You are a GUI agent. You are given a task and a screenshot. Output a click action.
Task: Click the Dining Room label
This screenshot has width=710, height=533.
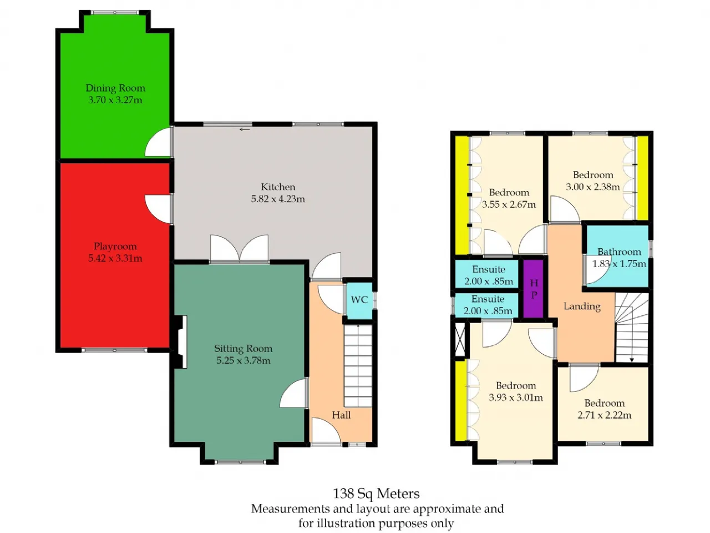point(115,88)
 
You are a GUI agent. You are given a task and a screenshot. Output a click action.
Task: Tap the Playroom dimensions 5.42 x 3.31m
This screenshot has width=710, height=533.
point(115,258)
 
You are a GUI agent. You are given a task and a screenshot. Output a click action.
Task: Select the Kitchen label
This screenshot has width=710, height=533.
point(278,187)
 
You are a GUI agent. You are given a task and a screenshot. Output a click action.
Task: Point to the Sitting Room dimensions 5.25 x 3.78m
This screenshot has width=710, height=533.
point(244,360)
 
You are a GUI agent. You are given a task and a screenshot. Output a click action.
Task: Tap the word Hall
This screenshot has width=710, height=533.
point(341,415)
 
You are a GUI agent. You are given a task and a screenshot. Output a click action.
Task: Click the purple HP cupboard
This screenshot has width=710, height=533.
point(533,289)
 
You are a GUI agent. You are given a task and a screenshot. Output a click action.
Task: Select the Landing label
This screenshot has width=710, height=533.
point(582,306)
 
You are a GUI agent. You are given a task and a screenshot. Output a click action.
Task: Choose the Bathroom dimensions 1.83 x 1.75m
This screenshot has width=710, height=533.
point(619,264)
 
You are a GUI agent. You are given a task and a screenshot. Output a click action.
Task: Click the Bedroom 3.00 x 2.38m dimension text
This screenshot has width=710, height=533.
point(592,187)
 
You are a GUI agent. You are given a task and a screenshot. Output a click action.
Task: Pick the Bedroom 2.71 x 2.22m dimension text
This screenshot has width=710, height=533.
point(604,415)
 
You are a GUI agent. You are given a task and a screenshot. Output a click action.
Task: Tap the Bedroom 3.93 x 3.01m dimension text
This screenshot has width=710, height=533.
point(516,398)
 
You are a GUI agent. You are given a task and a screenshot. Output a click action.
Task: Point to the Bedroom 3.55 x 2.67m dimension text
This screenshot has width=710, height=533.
point(509,204)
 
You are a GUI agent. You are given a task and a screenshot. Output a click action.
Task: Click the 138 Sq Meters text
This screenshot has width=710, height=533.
point(376,494)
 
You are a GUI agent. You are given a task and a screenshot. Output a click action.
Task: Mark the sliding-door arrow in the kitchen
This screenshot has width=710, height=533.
point(245,129)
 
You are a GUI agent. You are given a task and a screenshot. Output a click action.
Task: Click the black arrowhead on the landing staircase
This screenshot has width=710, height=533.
point(631,360)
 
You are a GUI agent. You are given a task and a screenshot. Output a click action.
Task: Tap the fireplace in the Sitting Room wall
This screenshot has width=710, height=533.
point(180,342)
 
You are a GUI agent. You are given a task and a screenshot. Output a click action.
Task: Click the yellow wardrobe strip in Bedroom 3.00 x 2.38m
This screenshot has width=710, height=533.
point(643,178)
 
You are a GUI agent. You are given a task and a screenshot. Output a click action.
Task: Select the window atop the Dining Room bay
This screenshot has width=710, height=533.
point(114,13)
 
